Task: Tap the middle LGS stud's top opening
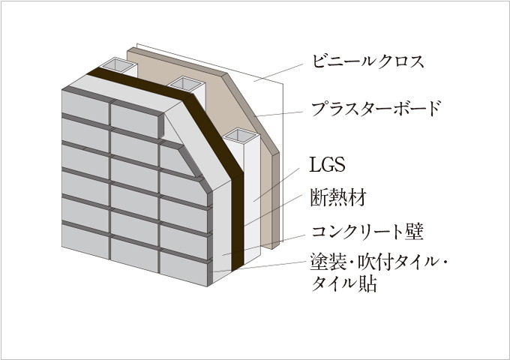click(183, 84)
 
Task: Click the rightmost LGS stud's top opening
click(241, 136)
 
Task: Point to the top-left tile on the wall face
click(85, 104)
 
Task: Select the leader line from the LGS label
click(277, 184)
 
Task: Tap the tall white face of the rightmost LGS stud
click(252, 202)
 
